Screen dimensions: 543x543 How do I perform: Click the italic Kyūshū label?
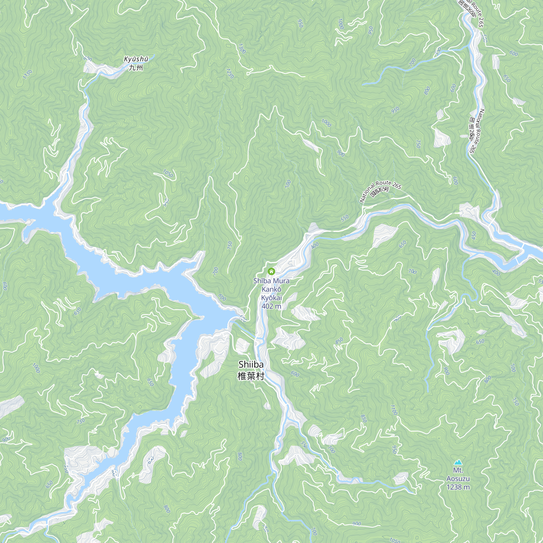point(136,59)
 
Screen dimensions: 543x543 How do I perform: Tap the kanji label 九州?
point(136,67)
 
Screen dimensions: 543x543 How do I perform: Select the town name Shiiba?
point(251,365)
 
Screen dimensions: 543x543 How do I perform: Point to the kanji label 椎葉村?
point(251,376)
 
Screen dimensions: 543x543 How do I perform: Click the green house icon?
point(271,271)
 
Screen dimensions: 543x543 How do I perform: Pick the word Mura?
point(281,281)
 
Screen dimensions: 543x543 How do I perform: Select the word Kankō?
point(271,289)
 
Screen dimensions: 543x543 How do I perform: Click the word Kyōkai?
point(271,298)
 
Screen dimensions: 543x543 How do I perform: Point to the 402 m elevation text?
point(271,306)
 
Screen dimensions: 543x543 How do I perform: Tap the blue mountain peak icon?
point(458,462)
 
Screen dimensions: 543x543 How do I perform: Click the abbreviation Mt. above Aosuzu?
point(458,470)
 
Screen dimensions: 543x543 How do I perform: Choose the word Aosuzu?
point(458,478)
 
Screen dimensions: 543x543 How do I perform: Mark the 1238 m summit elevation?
point(458,487)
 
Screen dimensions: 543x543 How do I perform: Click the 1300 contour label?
point(242,49)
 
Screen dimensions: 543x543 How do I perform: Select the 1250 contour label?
point(230,73)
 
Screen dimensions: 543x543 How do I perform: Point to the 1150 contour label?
point(27,74)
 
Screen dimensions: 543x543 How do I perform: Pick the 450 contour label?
point(474,235)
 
